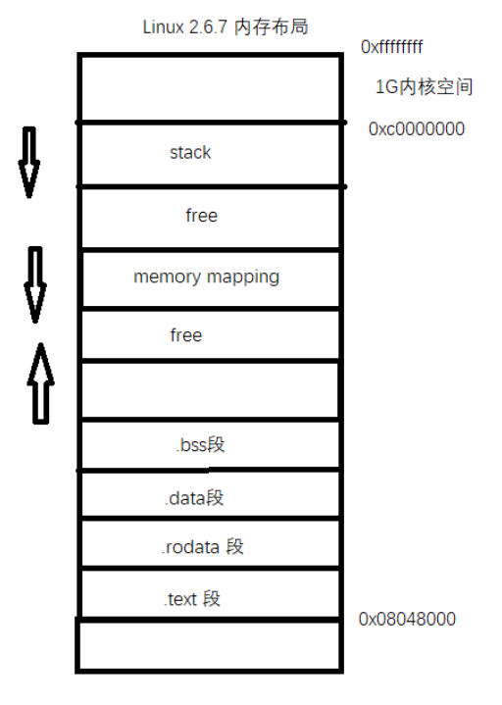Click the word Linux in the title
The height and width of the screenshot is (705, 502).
click(162, 26)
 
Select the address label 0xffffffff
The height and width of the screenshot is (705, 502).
click(391, 46)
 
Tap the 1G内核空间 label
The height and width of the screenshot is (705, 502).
click(424, 87)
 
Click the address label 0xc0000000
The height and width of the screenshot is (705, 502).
click(416, 128)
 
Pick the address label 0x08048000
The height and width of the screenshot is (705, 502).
click(407, 619)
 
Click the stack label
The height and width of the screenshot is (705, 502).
click(190, 153)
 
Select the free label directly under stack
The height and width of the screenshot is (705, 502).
click(201, 215)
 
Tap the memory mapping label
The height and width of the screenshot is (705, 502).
click(206, 277)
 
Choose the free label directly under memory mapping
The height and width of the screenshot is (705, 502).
click(185, 335)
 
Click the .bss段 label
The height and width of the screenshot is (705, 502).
click(200, 445)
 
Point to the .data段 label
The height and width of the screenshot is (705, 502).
click(194, 497)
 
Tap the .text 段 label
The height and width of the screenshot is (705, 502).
click(193, 598)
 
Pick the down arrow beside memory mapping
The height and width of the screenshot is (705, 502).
click(35, 284)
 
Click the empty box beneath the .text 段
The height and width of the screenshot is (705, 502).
click(210, 644)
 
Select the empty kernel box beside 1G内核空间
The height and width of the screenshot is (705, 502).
click(210, 88)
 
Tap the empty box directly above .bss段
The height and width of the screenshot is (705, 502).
click(210, 390)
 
